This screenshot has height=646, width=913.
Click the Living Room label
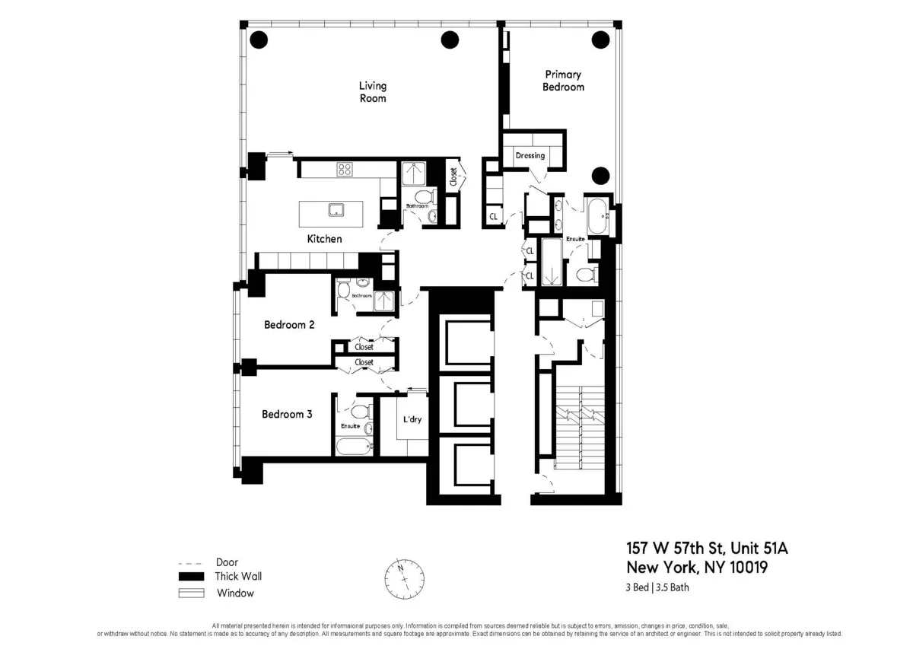tap(372, 92)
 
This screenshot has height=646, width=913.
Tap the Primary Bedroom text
tap(563, 81)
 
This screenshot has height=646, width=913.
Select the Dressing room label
tap(530, 156)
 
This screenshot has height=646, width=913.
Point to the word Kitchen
tap(324, 239)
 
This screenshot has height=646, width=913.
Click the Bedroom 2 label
tap(289, 325)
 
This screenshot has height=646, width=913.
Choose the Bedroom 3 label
tap(287, 415)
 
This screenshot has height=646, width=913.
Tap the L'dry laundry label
tap(412, 420)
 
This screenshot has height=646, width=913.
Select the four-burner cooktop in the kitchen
tap(345, 170)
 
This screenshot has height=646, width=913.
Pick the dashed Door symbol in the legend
tap(192, 563)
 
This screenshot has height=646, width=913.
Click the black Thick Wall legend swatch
tap(191, 577)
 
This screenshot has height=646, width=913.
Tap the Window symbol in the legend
tap(191, 593)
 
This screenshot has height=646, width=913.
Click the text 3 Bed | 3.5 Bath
tap(657, 587)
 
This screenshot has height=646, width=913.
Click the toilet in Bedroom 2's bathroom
tap(343, 290)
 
